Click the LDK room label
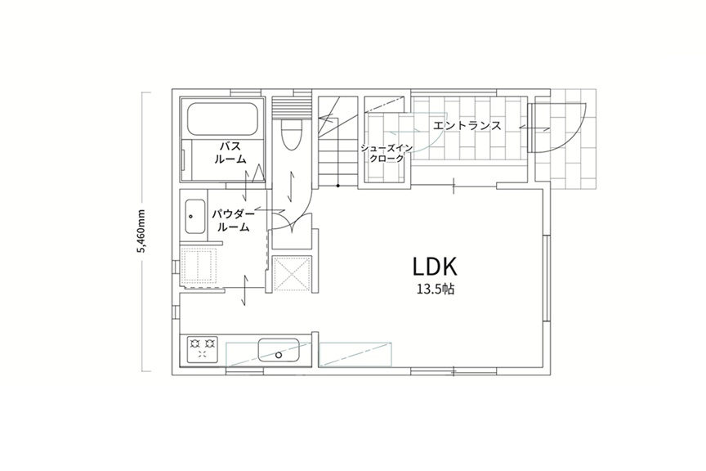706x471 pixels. point(435,267)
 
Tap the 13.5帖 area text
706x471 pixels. point(436,289)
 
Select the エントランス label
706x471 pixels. point(467,125)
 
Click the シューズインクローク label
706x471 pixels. point(387,153)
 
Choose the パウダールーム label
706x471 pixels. point(233,220)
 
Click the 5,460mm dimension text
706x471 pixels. point(142,231)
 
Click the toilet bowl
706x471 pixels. point(291,134)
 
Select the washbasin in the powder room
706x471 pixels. point(194,217)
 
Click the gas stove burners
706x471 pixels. point(202,348)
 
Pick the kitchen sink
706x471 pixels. point(279,350)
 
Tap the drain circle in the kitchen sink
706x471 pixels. point(279,355)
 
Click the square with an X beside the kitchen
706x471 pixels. point(292,274)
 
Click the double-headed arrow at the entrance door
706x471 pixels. point(534,128)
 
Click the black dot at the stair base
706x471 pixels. point(338,186)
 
